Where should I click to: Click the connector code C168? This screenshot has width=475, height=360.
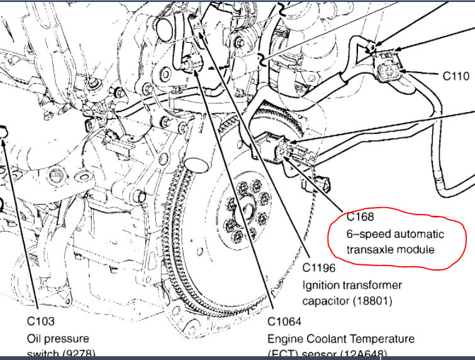pos(360,217)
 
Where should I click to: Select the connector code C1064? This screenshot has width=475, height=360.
pos(284,322)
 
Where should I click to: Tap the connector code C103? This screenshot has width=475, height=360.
pos(41,322)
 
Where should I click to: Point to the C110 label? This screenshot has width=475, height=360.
pos(455,76)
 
